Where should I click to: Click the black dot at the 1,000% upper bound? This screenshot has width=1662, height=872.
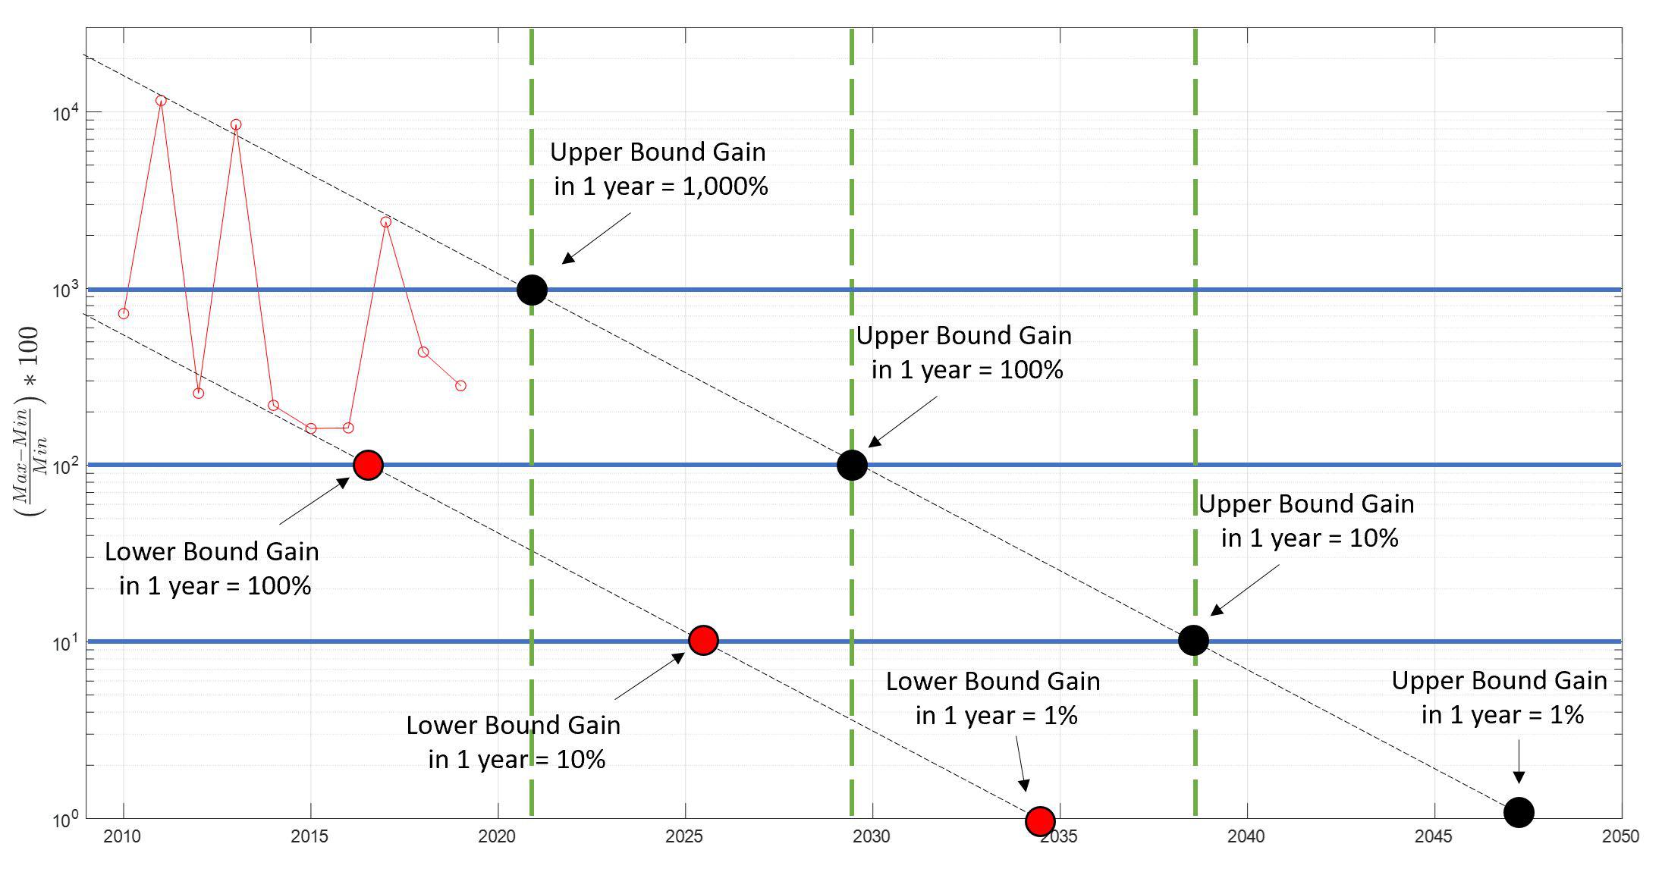tap(532, 290)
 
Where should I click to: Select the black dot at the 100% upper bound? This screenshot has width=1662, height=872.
tap(852, 465)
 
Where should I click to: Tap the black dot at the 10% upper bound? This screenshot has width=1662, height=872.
tap(1193, 640)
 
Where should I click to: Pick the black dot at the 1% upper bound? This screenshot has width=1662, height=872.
tap(1519, 812)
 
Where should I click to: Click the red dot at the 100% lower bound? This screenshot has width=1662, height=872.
tap(368, 465)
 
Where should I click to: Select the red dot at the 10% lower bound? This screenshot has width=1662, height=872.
tap(703, 640)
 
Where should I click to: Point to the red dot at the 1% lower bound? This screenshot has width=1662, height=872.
tap(1040, 820)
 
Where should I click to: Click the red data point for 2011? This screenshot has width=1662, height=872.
tap(161, 100)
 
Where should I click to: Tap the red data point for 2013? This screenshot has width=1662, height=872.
tap(236, 124)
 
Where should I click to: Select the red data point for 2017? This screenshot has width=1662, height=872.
tap(385, 221)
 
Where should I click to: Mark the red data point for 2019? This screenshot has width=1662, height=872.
tap(460, 385)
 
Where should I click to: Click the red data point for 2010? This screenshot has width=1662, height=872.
tap(124, 313)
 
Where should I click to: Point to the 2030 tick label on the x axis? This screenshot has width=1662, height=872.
tap(872, 836)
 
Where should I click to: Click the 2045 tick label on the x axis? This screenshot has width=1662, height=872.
tap(1433, 836)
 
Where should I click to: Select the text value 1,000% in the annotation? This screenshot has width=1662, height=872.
tap(725, 186)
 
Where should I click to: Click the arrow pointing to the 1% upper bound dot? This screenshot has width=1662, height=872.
tap(1519, 761)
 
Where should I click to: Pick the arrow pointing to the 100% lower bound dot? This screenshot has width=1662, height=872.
tap(314, 500)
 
